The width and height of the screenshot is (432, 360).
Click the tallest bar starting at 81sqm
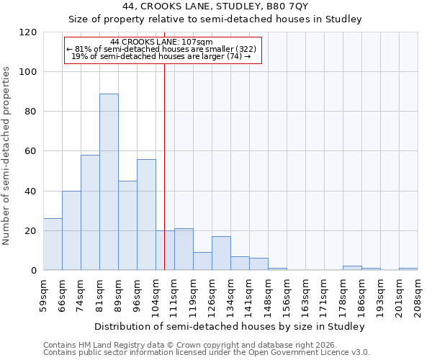[x=109, y=181]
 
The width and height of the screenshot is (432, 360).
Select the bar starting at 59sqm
[x=53, y=244]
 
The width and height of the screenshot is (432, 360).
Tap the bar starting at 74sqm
[x=90, y=212]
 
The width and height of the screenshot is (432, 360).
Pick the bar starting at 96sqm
[x=146, y=215]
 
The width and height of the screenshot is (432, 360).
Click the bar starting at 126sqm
[x=221, y=253]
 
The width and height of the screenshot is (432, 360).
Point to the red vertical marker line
[x=165, y=166]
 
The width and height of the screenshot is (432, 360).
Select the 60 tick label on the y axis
[x=31, y=151]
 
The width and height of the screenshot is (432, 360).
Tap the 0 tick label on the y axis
[x=34, y=271]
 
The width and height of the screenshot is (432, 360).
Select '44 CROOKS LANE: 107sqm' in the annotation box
[x=161, y=42]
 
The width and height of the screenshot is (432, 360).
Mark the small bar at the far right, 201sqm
[x=408, y=269]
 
